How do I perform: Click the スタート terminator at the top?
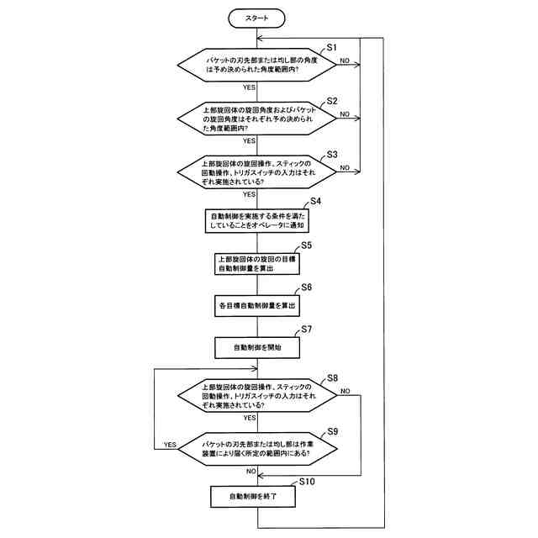pos(257,18)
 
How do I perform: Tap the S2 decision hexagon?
pos(257,119)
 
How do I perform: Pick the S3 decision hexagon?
pos(257,172)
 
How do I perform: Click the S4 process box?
pos(257,221)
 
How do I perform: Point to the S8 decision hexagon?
pos(257,396)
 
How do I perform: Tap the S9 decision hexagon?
pos(257,448)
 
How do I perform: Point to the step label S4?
pos(316,201)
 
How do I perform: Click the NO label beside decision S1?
pos(345,61)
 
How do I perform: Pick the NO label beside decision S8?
pos(345,391)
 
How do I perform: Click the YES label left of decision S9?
pos(170,444)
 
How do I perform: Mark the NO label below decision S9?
pos(250,472)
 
